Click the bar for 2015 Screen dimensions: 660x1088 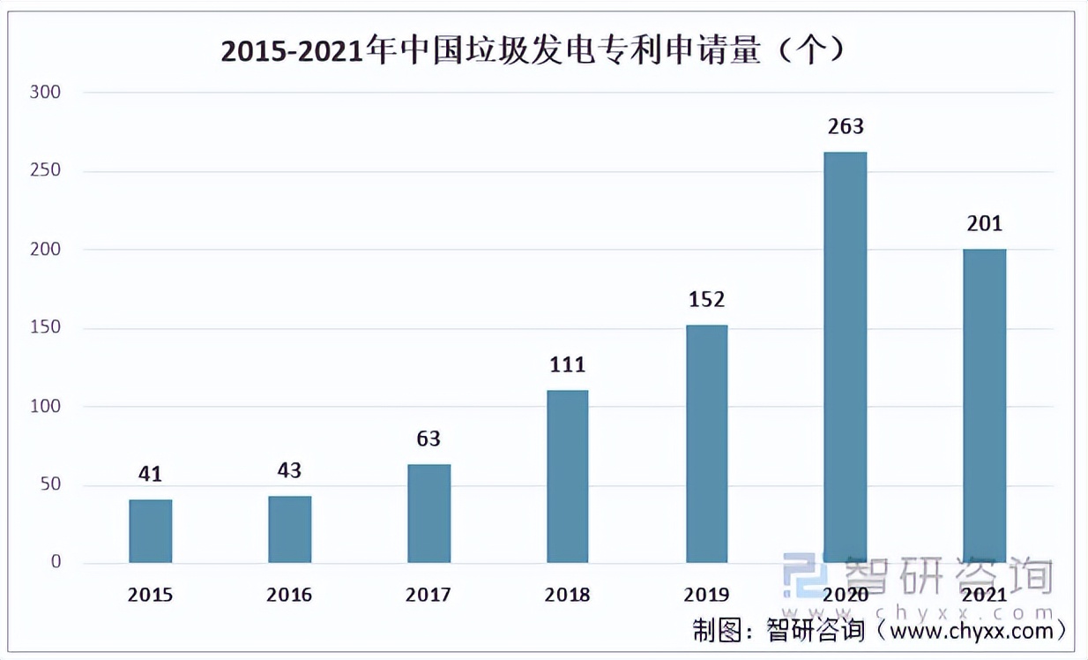pyautogui.click(x=151, y=531)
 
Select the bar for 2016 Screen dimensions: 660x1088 pyautogui.click(x=290, y=529)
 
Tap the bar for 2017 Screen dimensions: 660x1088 pyautogui.click(x=428, y=514)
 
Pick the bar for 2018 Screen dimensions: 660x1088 pyautogui.click(x=567, y=476)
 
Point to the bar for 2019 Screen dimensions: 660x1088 pyautogui.click(x=706, y=444)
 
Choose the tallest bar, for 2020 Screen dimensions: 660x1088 pyautogui.click(x=845, y=357)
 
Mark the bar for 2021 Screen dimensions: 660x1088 pyautogui.click(x=984, y=406)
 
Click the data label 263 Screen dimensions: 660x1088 pyautogui.click(x=845, y=127)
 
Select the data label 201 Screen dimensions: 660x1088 pyautogui.click(x=984, y=224)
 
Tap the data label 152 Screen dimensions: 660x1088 pyautogui.click(x=706, y=300)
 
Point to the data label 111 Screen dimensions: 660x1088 pyautogui.click(x=567, y=365)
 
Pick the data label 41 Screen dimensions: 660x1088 pyautogui.click(x=151, y=475)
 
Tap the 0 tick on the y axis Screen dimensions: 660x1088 pyautogui.click(x=55, y=563)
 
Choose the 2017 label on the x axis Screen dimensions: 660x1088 pyautogui.click(x=428, y=596)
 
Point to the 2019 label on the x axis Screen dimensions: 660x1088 pyautogui.click(x=706, y=596)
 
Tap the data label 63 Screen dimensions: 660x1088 pyautogui.click(x=428, y=439)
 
